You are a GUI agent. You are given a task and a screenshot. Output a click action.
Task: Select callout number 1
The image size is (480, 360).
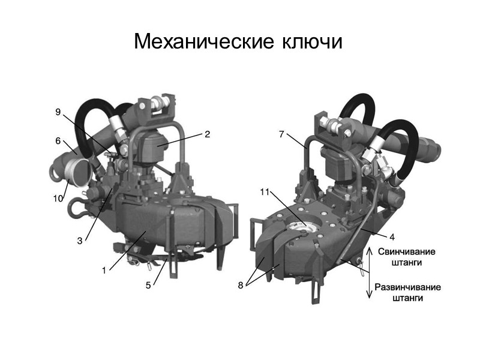pos(103,271)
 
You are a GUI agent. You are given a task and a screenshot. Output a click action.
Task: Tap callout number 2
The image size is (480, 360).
pos(207,134)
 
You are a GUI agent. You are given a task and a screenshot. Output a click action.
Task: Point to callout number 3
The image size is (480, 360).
pos(79,241)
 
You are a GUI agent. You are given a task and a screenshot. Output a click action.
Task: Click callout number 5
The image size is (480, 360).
pos(148,286)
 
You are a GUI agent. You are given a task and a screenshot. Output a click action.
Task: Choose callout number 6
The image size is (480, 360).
pos(58,142)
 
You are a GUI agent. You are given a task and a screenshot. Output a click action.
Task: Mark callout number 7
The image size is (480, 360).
pos(281,134)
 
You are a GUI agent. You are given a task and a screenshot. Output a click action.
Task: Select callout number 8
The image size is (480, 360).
pos(241,286)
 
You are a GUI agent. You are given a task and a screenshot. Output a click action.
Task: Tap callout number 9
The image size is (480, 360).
pos(58,112)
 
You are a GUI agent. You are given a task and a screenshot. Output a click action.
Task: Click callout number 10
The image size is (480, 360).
pos(58,199)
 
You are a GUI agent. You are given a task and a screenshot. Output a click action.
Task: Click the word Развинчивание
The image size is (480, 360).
pos(407,287)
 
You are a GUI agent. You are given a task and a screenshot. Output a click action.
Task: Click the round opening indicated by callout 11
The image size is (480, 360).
pos(298,227)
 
